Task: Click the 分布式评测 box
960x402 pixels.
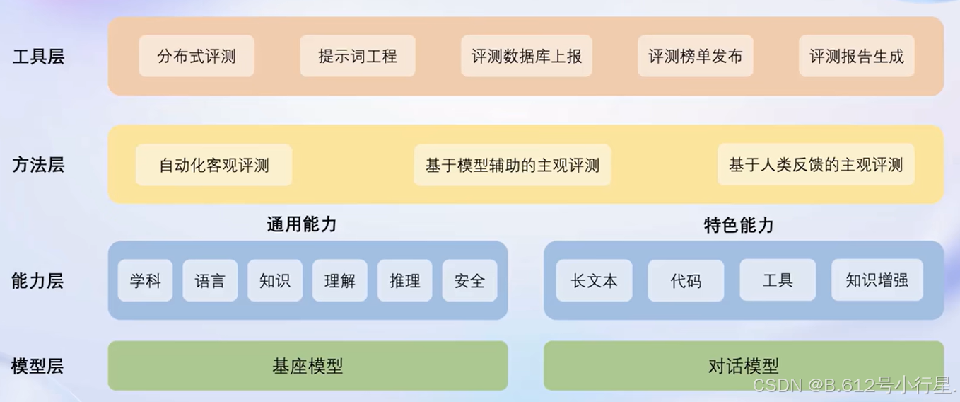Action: [197, 56]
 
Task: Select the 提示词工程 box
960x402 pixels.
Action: [358, 56]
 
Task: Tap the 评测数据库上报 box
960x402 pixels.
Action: [527, 56]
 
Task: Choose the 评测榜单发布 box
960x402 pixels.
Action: [696, 56]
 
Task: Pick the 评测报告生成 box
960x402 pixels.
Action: [857, 56]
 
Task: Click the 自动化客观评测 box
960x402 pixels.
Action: [214, 166]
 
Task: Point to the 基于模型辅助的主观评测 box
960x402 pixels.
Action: [513, 166]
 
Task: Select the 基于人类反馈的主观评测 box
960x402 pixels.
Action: [816, 166]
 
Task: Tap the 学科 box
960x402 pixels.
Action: [146, 281]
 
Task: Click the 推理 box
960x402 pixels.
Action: [405, 281]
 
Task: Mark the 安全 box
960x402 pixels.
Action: [469, 281]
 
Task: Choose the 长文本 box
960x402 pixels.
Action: [595, 281]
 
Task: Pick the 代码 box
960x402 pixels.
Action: [686, 281]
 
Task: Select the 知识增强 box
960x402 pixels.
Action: [877, 281]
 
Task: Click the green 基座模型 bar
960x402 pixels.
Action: [308, 366]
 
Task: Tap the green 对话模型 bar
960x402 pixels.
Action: [744, 366]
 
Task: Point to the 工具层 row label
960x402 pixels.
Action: [38, 57]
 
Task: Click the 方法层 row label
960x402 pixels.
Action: [38, 166]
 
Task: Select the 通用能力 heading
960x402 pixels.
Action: [302, 225]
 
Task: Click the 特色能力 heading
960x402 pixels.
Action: [739, 225]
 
